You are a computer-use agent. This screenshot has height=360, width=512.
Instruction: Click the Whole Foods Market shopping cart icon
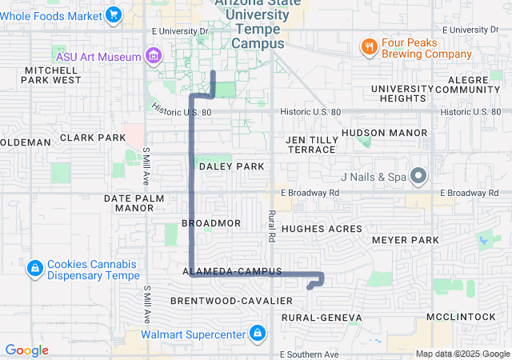(x=114, y=14)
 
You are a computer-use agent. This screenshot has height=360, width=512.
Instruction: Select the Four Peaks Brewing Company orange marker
(x=369, y=46)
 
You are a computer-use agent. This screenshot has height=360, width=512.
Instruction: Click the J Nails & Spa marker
(x=418, y=176)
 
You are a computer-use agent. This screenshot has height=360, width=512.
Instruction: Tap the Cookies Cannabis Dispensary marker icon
(x=34, y=268)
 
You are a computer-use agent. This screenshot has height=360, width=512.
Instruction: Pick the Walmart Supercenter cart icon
(x=257, y=332)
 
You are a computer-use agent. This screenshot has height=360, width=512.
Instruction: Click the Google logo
(x=26, y=350)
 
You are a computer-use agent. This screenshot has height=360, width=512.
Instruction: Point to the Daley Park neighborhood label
(x=231, y=166)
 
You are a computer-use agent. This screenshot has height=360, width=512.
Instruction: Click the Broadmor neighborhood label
(x=211, y=222)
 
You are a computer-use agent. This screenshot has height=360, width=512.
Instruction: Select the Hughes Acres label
(x=322, y=229)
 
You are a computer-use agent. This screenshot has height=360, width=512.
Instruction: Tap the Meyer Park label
(x=406, y=240)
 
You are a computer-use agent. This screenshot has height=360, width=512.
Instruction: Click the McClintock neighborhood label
(x=461, y=317)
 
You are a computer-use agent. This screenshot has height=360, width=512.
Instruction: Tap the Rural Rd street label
(x=272, y=226)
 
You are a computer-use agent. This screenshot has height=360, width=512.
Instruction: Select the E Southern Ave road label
(x=310, y=354)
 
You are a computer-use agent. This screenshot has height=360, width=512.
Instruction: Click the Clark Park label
(x=93, y=138)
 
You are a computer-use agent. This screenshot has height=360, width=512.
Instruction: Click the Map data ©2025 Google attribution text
(x=462, y=354)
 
